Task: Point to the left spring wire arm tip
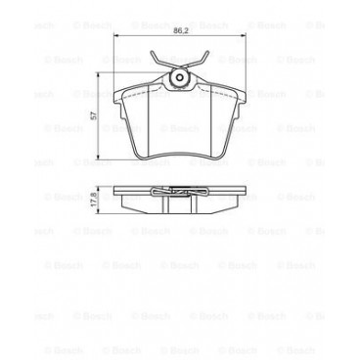[154, 50]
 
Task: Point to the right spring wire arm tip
[206, 50]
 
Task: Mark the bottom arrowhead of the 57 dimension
[99, 157]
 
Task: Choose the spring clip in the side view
[180, 191]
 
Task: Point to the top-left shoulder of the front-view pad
[119, 88]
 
